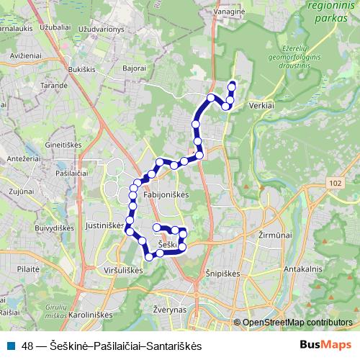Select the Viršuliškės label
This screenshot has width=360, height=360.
click(124, 270)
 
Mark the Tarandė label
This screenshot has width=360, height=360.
click(34, 84)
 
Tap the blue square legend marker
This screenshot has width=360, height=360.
click(11, 346)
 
